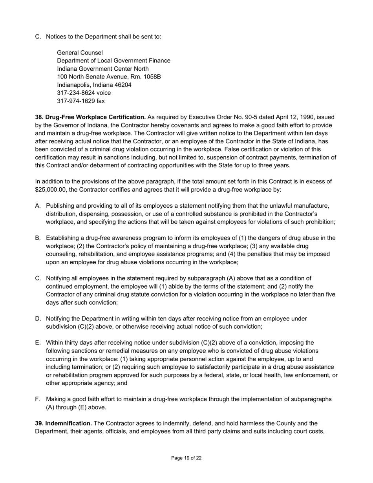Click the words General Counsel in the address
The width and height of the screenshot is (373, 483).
point(80,53)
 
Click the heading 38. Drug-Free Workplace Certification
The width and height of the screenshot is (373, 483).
point(90,117)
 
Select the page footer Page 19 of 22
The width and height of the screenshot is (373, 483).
point(186,458)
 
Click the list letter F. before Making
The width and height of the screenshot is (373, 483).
point(38,399)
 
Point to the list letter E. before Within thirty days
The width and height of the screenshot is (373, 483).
point(38,343)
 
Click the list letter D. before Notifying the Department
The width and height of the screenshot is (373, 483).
point(38,318)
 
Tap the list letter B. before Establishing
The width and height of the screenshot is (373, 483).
point(38,238)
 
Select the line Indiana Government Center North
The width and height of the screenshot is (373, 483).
point(102,69)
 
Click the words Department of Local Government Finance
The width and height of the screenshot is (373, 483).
point(113,60)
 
